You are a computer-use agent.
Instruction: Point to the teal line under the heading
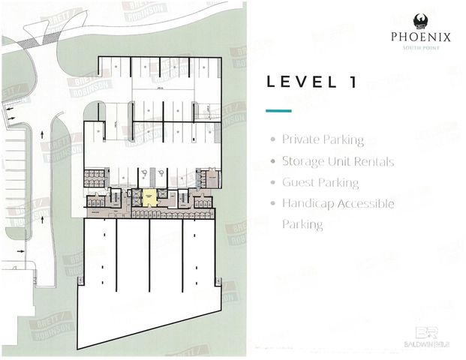coord(278,111)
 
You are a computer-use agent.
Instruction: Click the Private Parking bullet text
coord(323,140)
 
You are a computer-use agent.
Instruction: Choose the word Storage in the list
coord(301,161)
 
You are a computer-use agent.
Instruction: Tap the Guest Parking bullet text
coord(320,182)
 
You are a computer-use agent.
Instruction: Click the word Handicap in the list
coord(307,203)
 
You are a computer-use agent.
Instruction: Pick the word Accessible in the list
coord(363,203)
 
